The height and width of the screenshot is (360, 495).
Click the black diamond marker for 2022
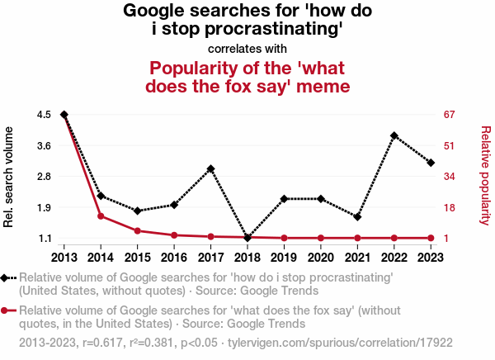click(x=394, y=135)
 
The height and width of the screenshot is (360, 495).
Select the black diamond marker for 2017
click(x=211, y=169)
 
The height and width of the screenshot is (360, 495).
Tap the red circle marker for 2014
click(x=101, y=216)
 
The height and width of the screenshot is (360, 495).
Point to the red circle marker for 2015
click(x=138, y=230)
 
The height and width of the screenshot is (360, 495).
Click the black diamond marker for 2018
click(x=247, y=238)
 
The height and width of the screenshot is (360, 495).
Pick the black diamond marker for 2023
click(x=431, y=163)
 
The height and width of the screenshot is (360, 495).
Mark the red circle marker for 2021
click(x=357, y=238)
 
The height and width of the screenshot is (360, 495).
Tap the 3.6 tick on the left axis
click(x=44, y=145)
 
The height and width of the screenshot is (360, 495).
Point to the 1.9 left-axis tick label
click(x=44, y=207)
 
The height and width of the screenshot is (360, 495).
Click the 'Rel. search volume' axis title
click(x=9, y=176)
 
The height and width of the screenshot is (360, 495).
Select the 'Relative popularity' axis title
click(x=486, y=176)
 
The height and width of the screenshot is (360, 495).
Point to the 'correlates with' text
click(x=247, y=49)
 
